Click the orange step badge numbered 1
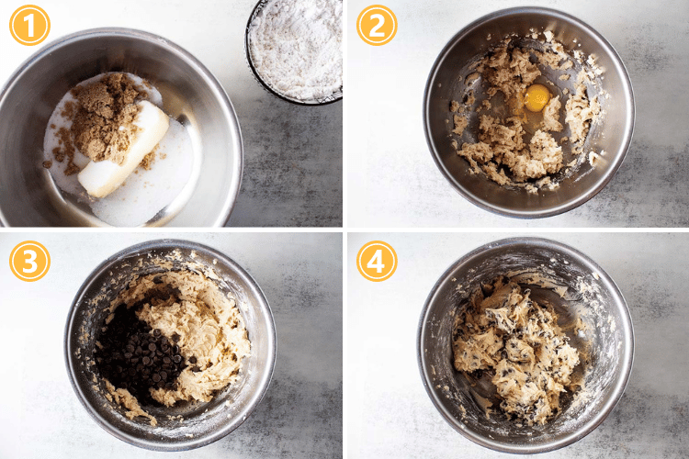pyautogui.click(x=29, y=25)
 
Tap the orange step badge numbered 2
pyautogui.click(x=377, y=25)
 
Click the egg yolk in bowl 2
pyautogui.click(x=537, y=96)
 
